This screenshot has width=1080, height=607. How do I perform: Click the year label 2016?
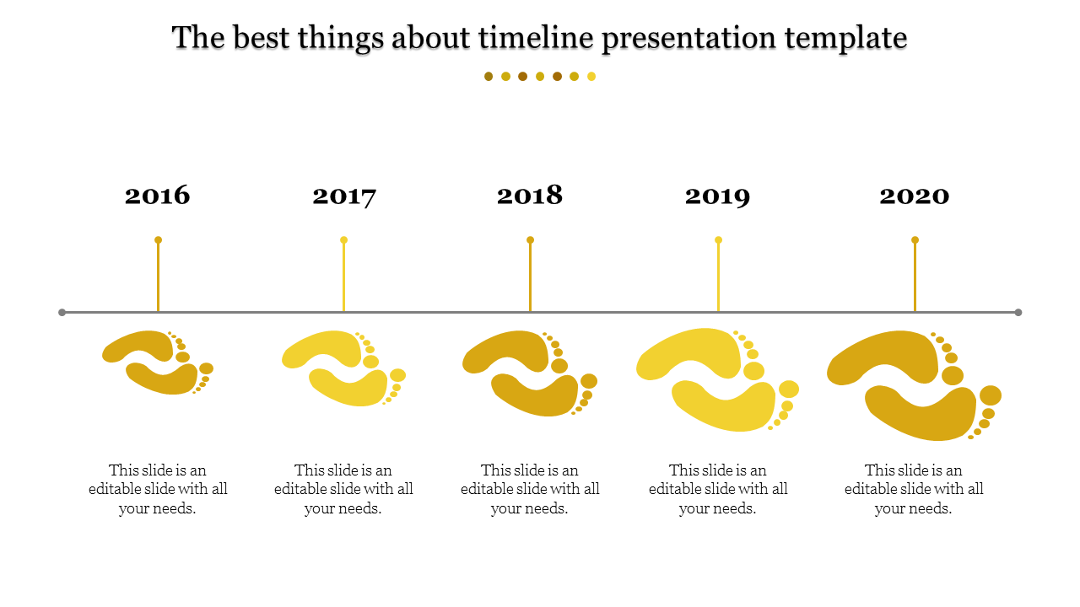158,196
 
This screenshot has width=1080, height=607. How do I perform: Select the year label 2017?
344,196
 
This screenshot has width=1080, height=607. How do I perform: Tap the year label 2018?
530,196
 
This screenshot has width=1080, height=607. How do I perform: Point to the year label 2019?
717,196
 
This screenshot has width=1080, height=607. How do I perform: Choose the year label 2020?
915,196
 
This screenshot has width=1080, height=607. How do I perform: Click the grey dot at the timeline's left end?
62,313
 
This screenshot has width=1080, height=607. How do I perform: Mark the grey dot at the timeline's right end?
1018,313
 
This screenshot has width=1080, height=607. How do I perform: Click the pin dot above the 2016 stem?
158,240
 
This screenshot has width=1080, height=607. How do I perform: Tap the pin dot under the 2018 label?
530,240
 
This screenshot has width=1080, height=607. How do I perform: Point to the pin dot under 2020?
915,240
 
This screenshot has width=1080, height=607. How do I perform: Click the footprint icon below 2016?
158,363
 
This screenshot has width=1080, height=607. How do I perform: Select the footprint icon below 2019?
717,379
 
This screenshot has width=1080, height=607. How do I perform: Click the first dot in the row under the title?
489,77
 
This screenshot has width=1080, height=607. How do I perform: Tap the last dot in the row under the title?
591,77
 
